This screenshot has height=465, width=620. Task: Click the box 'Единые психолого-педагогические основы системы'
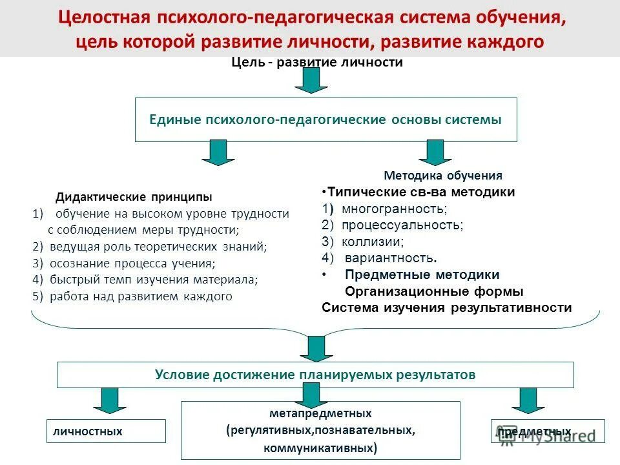click(325, 119)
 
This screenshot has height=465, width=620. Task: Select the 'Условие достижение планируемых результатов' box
click(315, 375)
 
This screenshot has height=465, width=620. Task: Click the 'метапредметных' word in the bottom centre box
click(320, 413)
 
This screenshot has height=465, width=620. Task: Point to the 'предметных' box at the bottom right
click(548, 431)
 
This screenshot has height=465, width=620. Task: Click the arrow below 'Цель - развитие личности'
click(311, 80)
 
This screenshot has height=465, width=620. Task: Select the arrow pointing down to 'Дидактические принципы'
click(218, 152)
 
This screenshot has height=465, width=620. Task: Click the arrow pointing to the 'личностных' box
click(110, 400)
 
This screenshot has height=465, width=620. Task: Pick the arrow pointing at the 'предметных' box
click(529, 400)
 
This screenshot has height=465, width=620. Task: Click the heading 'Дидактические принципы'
click(134, 196)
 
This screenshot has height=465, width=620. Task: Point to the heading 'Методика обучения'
click(443, 175)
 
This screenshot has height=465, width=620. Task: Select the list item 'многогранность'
click(394, 209)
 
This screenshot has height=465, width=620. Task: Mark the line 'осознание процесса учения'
click(132, 263)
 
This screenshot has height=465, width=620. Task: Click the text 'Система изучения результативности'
click(446, 307)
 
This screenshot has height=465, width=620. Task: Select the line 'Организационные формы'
click(434, 291)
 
